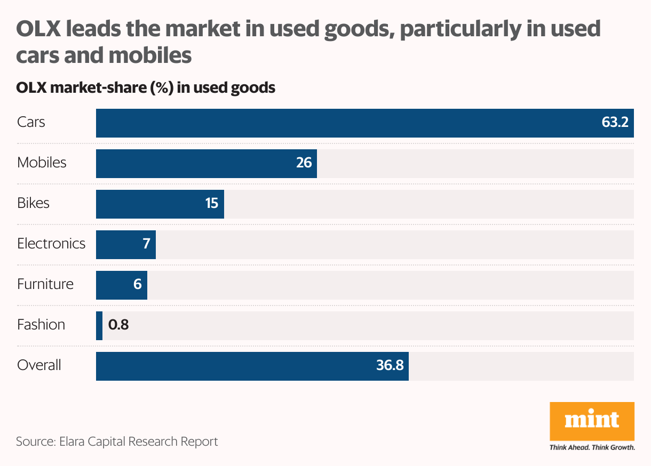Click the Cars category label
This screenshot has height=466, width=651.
[31, 122]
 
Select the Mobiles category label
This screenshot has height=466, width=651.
[42, 163]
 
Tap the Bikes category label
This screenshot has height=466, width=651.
[33, 203]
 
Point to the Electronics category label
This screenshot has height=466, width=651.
[51, 244]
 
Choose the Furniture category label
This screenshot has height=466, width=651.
[45, 284]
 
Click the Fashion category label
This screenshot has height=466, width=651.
[41, 325]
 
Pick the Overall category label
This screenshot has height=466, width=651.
[39, 365]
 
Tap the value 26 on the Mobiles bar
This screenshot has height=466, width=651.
[304, 163]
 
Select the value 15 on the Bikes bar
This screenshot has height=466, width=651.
[212, 203]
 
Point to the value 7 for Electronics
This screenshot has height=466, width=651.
[146, 244]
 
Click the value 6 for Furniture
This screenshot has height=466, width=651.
[137, 284]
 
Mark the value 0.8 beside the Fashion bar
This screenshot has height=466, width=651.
[118, 325]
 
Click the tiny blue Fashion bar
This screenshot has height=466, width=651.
[99, 326]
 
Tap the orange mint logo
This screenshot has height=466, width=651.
[592, 421]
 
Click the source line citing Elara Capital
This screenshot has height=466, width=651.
[117, 442]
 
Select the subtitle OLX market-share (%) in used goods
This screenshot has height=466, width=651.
[146, 87]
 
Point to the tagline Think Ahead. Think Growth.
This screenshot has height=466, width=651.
[592, 447]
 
